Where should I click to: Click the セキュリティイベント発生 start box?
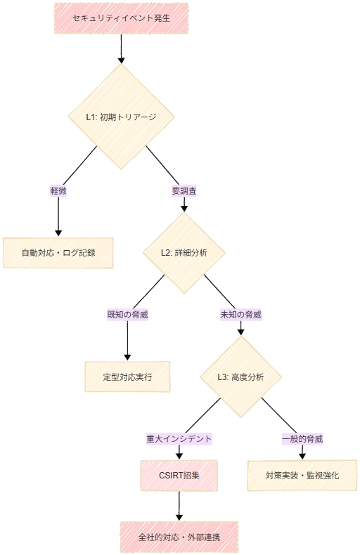click(121, 18)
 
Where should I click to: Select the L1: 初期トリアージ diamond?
click(121, 117)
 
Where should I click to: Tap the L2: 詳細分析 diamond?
click(184, 253)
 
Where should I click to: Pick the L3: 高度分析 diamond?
click(241, 377)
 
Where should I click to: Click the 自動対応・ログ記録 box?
click(58, 253)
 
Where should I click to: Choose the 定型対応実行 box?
click(127, 377)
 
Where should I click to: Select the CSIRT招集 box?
click(179, 476)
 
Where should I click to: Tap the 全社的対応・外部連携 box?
click(179, 537)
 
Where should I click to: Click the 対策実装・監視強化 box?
click(302, 476)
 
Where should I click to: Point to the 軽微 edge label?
click(58, 191)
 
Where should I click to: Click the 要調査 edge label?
click(184, 191)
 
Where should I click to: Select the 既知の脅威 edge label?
click(127, 315)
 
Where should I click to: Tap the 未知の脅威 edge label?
click(241, 315)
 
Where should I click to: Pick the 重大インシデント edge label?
click(179, 439)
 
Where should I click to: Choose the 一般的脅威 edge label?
click(302, 439)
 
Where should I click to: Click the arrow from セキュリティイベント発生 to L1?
click(121, 49)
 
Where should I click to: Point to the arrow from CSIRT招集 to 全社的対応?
click(179, 506)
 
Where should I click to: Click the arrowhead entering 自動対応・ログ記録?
click(58, 234)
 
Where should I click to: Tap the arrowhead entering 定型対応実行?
click(127, 358)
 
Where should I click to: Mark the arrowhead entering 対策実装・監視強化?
click(302, 456)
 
